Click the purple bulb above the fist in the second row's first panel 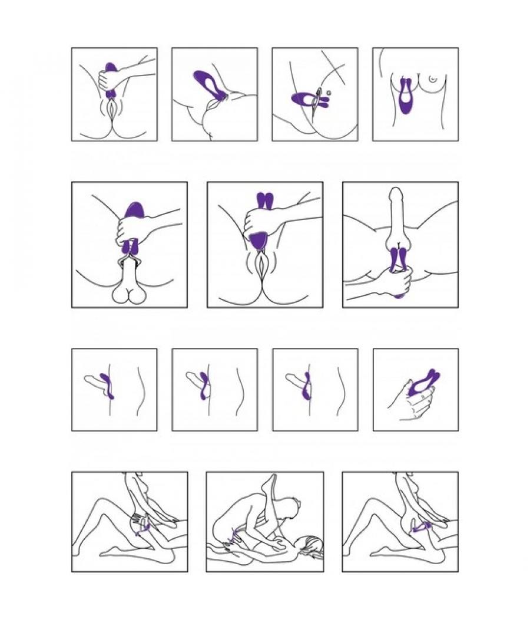click(135, 209)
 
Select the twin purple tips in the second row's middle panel click(264, 201)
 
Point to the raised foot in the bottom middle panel click(268, 481)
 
